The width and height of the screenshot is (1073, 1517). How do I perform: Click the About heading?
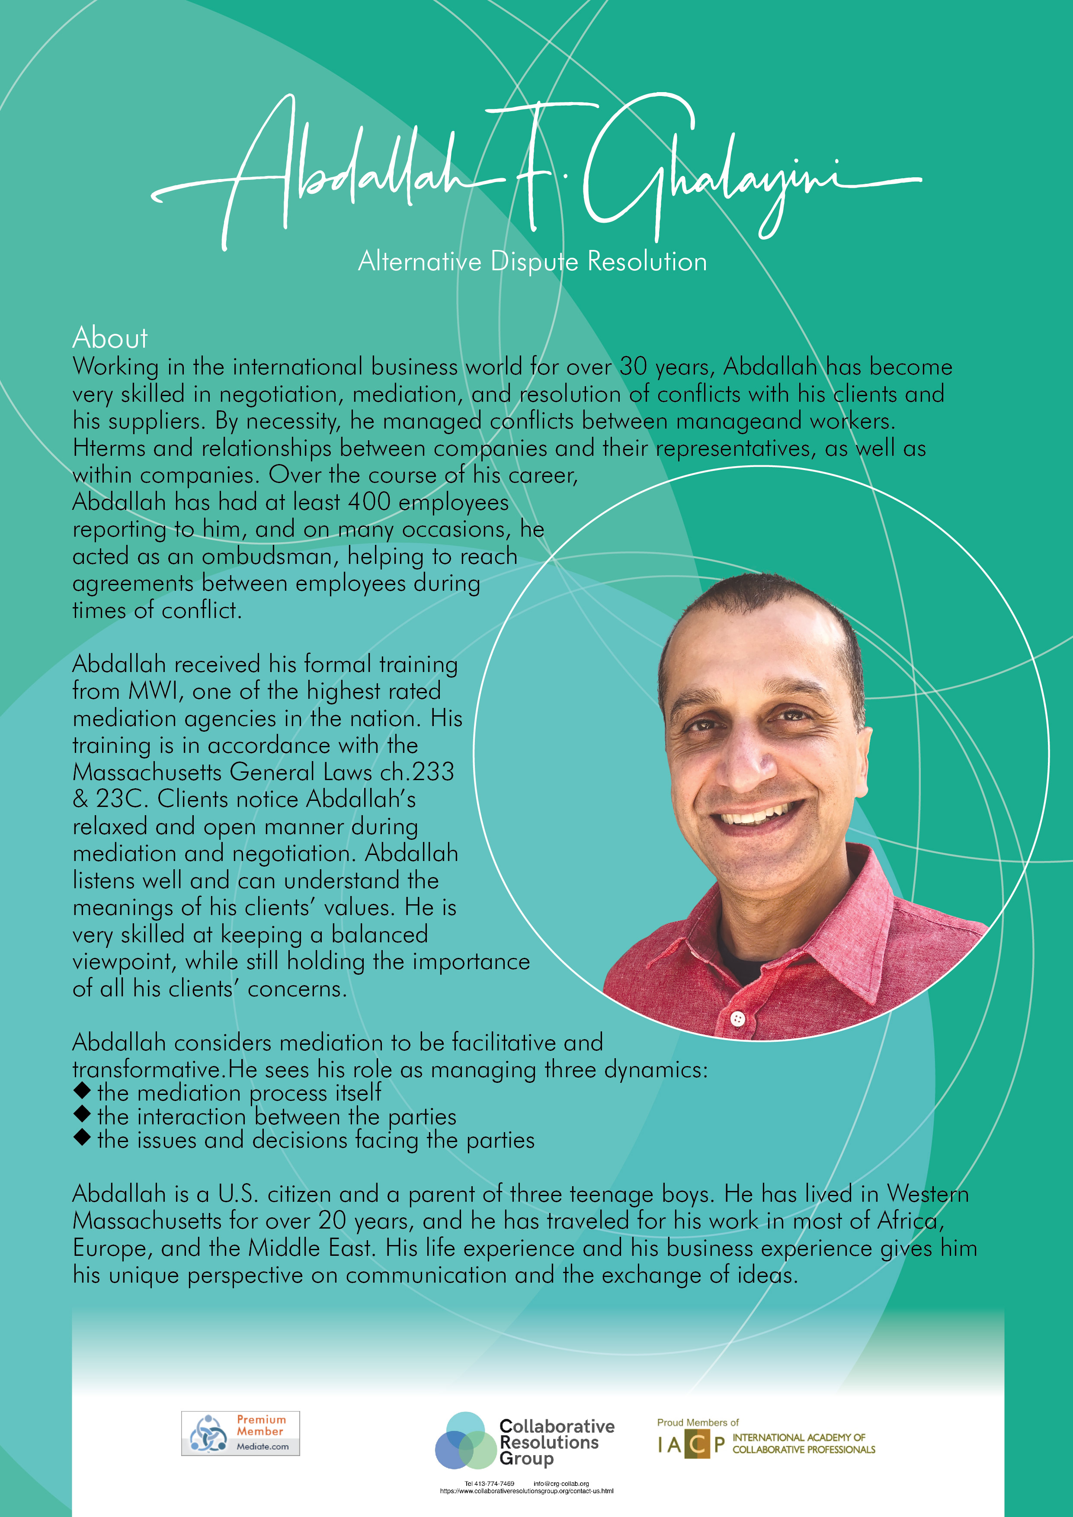pyautogui.click(x=110, y=338)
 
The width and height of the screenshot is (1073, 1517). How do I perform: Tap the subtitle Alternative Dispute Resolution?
pyautogui.click(x=532, y=262)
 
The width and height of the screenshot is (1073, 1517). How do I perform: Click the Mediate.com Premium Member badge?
pyautogui.click(x=240, y=1433)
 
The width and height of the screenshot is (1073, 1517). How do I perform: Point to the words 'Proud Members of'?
pyautogui.click(x=697, y=1422)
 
